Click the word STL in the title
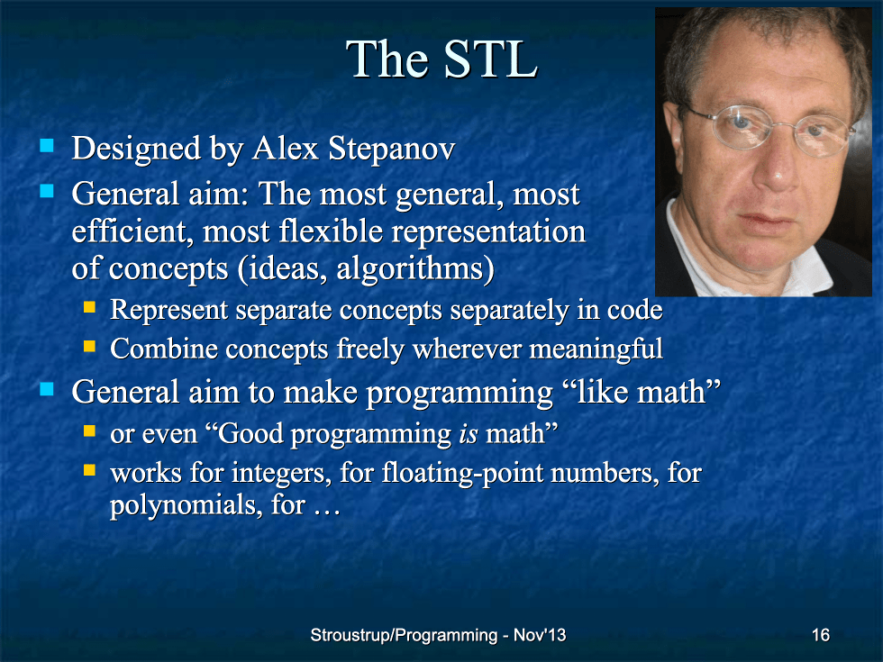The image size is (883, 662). (490, 59)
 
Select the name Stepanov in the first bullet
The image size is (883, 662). (392, 149)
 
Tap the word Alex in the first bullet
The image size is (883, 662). (286, 149)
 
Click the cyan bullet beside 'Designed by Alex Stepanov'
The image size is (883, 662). (47, 146)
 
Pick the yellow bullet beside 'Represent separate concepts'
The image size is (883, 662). (89, 307)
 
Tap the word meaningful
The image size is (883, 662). (596, 349)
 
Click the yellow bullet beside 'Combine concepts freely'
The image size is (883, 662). (89, 346)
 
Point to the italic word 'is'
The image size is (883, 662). (469, 434)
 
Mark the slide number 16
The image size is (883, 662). (821, 635)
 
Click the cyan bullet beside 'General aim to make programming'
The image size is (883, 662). (47, 389)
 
